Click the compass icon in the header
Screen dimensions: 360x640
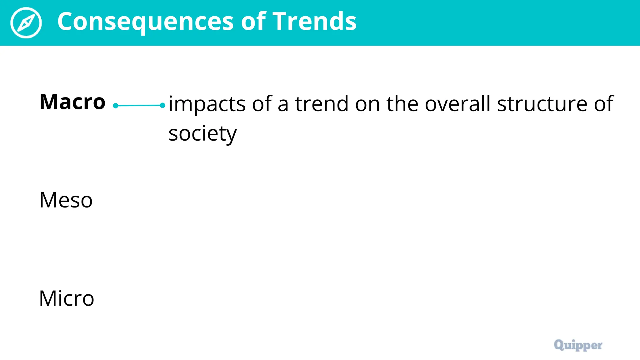point(26,23)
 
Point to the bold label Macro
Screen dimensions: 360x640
point(72,102)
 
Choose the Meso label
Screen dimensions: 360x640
point(66,200)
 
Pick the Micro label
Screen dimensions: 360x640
point(67,298)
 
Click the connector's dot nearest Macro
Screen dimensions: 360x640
point(116,106)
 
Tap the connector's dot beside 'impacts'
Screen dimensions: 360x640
point(162,105)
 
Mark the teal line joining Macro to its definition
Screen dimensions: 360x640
point(139,106)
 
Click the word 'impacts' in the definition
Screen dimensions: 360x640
point(207,104)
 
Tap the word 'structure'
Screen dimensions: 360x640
point(542,104)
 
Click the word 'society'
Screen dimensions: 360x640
point(202,134)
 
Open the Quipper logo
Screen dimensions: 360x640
point(578,345)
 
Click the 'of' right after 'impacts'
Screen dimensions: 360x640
point(262,104)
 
